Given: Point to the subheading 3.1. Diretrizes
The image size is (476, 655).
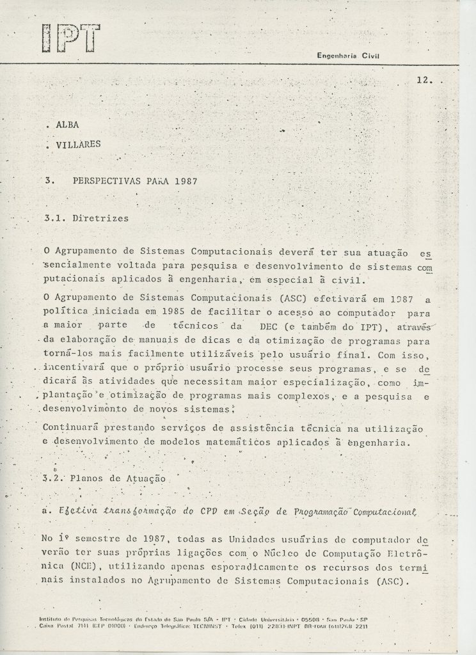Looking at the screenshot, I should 86,217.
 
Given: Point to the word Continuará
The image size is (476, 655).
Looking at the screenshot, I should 72,427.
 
